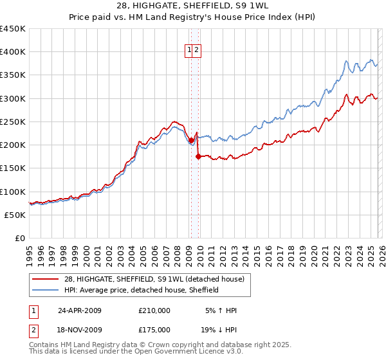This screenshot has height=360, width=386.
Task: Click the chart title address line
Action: pyautogui.click(x=192, y=6)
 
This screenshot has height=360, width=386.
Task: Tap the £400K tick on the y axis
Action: pyautogui.click(x=13, y=52)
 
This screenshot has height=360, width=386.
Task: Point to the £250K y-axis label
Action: pyautogui.click(x=13, y=122)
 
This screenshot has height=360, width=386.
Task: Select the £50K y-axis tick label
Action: pyautogui.click(x=15, y=215)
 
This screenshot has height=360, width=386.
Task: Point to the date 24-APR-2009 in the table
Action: pyautogui.click(x=80, y=310)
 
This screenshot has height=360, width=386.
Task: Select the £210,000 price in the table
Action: pyautogui.click(x=154, y=310)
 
